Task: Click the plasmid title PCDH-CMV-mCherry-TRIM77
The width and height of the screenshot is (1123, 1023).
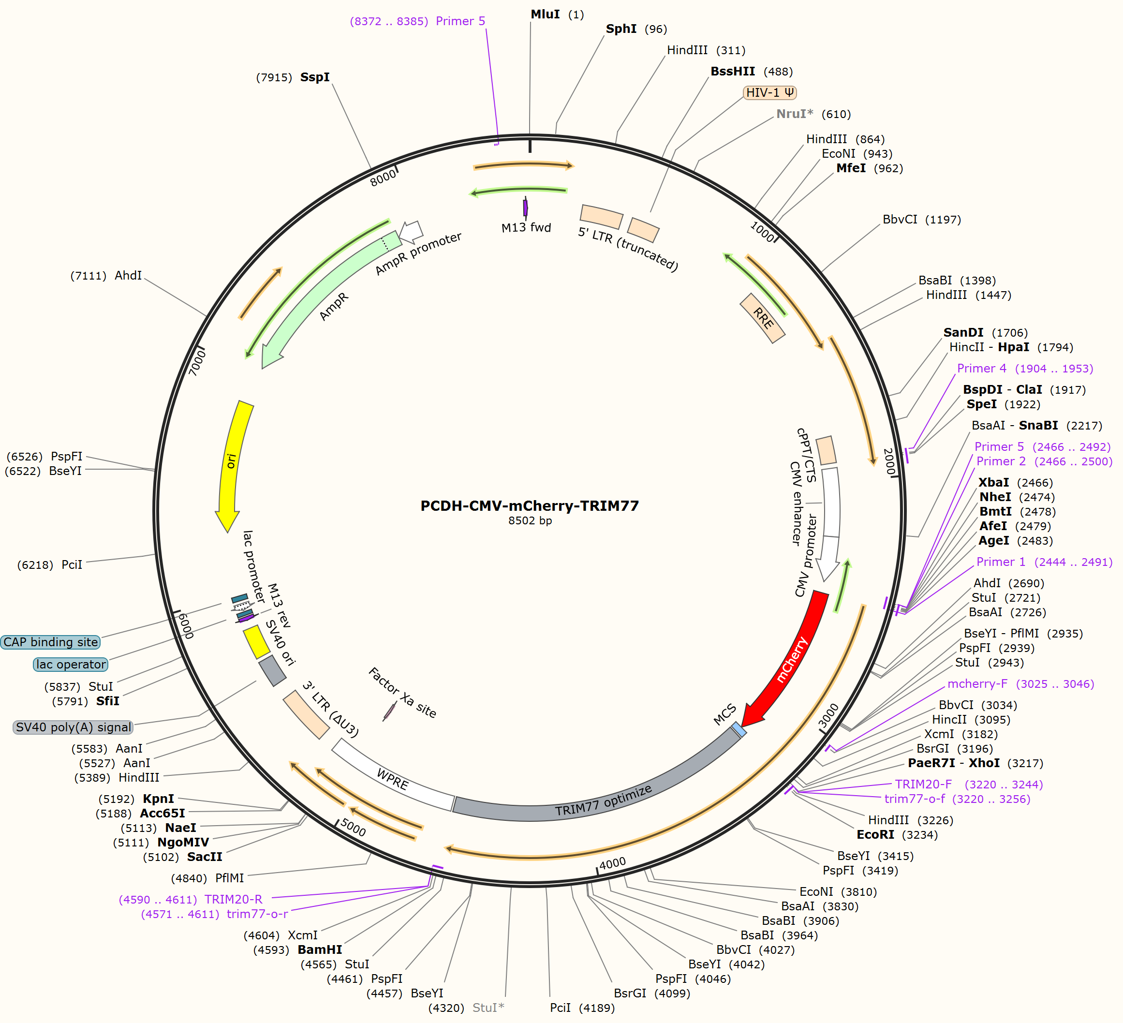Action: [x=529, y=505]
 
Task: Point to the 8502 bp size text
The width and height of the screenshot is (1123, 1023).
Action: [x=530, y=520]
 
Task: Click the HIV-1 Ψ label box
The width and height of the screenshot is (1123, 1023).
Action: [x=770, y=92]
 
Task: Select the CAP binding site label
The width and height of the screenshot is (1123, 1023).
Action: [x=51, y=642]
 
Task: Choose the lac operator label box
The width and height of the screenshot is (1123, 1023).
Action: [x=71, y=664]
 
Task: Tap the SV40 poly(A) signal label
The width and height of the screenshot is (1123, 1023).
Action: [x=73, y=727]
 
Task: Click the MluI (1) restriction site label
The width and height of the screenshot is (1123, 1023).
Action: [x=557, y=15]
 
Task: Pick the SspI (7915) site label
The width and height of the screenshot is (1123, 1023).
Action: [x=293, y=77]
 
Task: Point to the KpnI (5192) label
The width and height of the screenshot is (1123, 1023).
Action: [x=136, y=799]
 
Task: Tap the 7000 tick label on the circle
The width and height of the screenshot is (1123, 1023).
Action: [x=197, y=362]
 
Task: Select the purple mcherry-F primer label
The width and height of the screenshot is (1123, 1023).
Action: [x=1020, y=683]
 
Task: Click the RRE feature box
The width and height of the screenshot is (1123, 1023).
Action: [x=763, y=318]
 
